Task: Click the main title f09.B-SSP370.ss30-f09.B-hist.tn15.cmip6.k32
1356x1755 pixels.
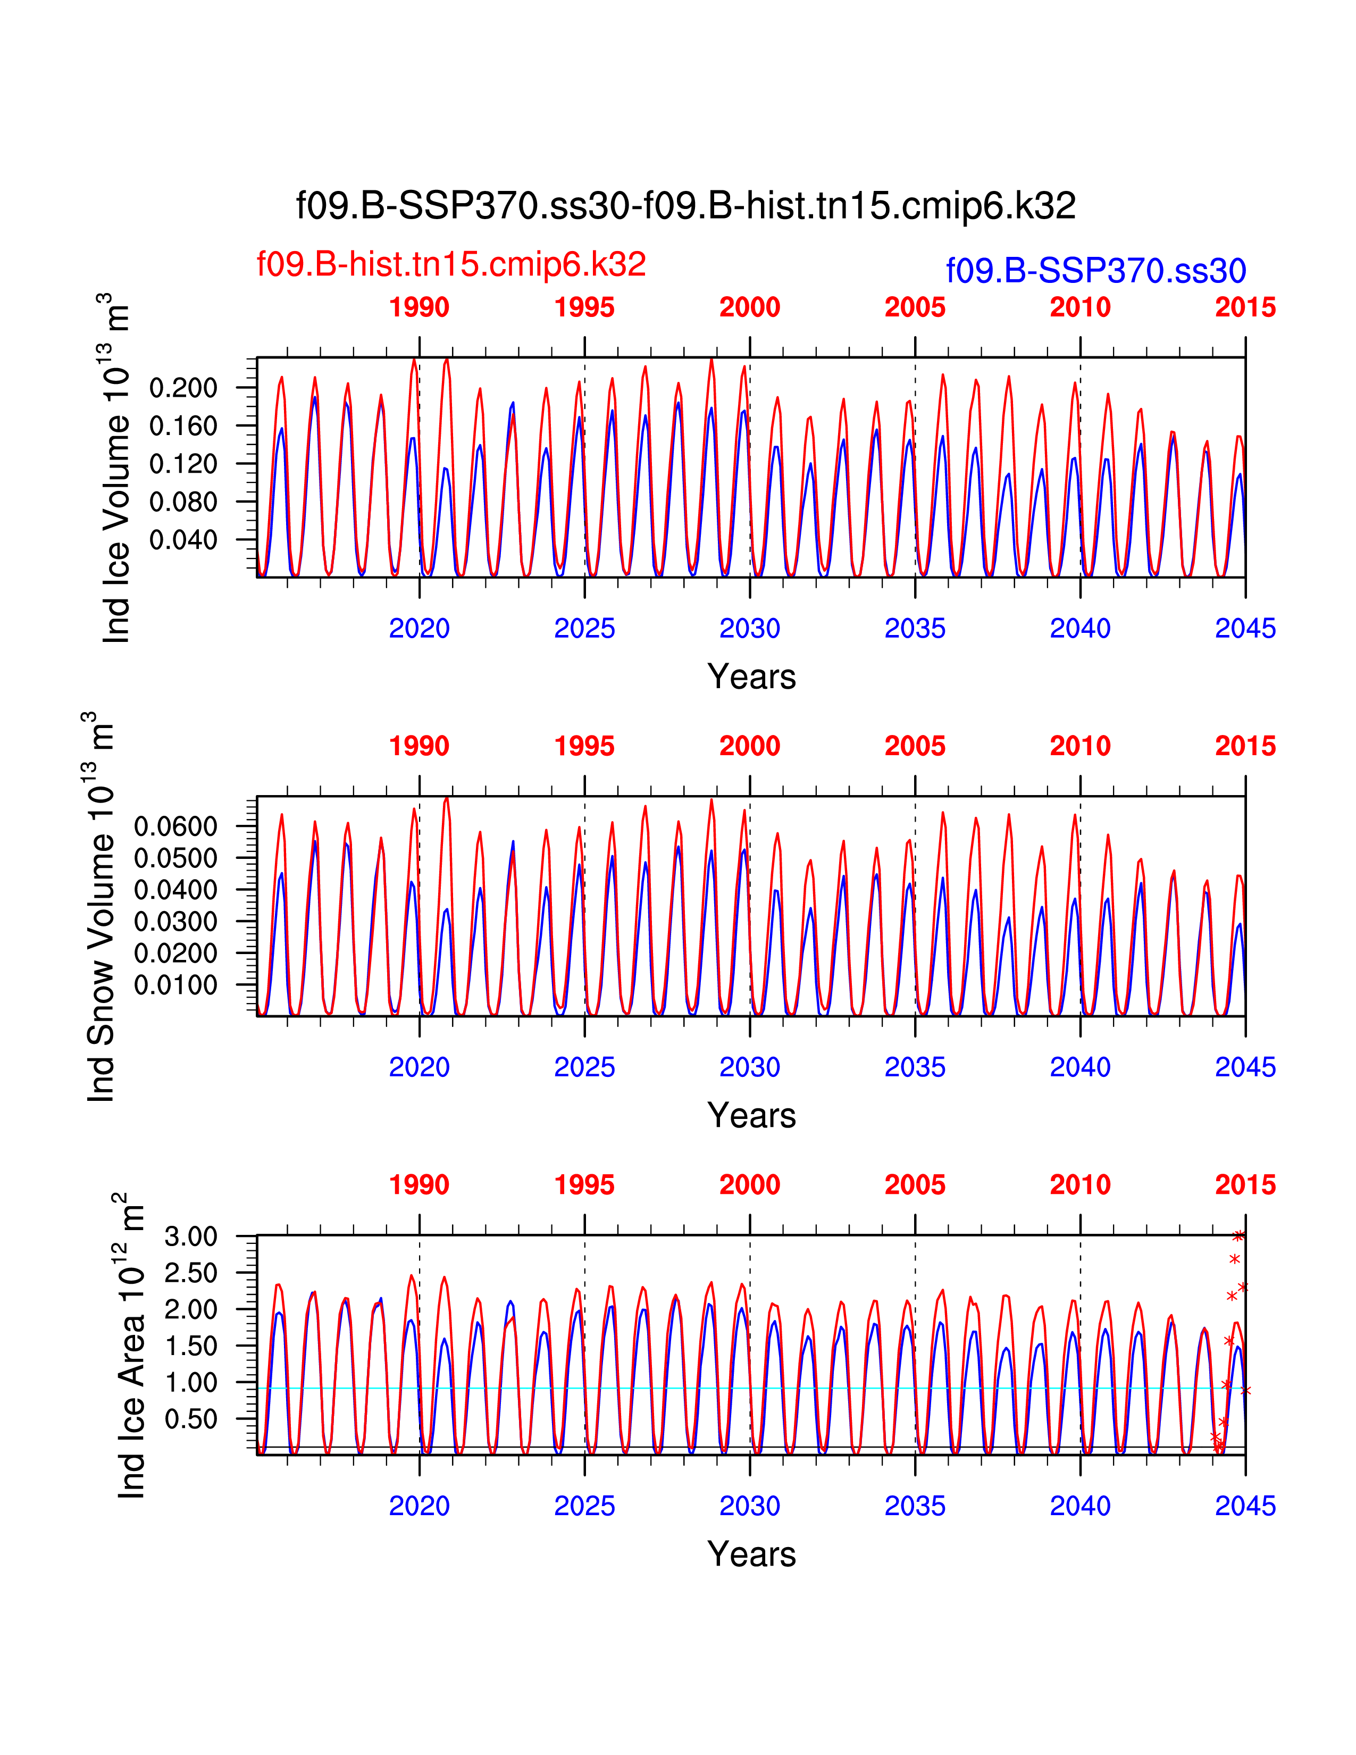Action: point(685,206)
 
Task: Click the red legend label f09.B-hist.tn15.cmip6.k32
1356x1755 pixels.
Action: point(450,264)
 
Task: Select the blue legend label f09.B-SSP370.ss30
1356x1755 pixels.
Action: point(1096,271)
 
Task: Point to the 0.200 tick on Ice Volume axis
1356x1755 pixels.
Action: point(183,388)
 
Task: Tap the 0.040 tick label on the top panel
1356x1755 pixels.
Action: point(183,540)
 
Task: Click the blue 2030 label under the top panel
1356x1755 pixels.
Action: point(749,629)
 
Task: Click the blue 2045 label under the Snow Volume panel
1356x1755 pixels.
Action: point(1245,1067)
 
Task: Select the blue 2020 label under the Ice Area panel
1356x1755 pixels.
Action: point(420,1506)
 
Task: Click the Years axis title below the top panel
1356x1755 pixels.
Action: point(751,676)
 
